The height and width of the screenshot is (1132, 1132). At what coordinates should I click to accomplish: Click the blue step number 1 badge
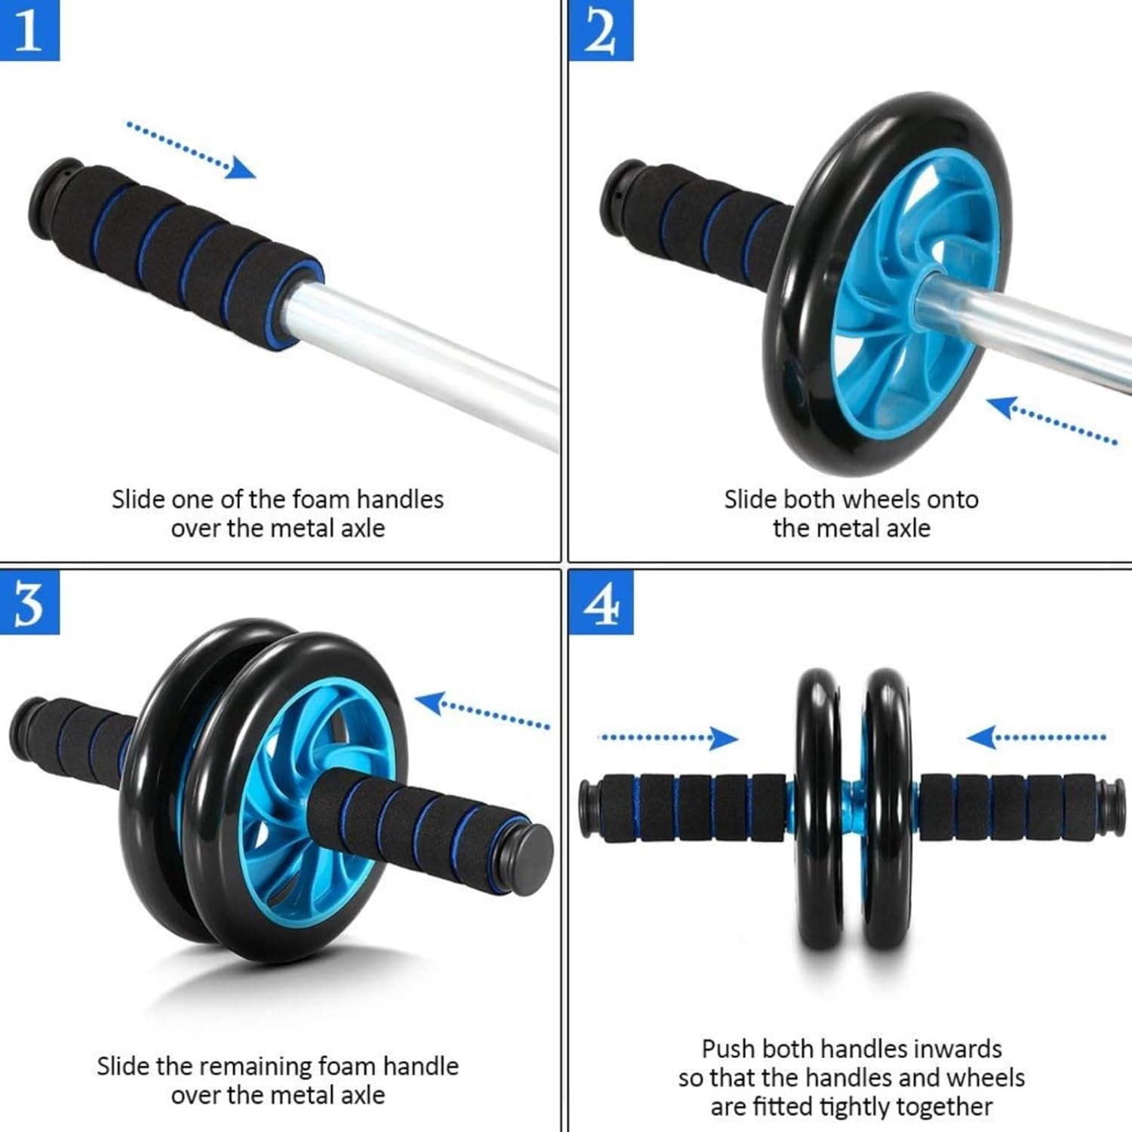tap(29, 30)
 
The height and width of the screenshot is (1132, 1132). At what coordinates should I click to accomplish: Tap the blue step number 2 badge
tap(600, 30)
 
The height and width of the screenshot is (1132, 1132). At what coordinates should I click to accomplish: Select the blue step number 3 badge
tap(29, 602)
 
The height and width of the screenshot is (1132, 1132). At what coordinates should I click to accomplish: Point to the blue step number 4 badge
tap(600, 602)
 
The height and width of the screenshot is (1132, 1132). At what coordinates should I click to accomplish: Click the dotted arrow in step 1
tap(190, 149)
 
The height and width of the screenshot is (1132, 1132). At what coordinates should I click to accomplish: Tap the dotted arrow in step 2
tap(1052, 421)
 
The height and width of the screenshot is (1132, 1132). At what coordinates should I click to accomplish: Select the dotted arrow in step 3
tap(481, 712)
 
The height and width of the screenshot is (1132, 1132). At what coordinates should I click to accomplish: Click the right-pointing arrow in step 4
tap(669, 737)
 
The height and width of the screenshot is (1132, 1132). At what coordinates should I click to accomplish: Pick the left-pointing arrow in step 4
tap(1036, 737)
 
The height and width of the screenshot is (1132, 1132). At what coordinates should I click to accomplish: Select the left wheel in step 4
tap(817, 807)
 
